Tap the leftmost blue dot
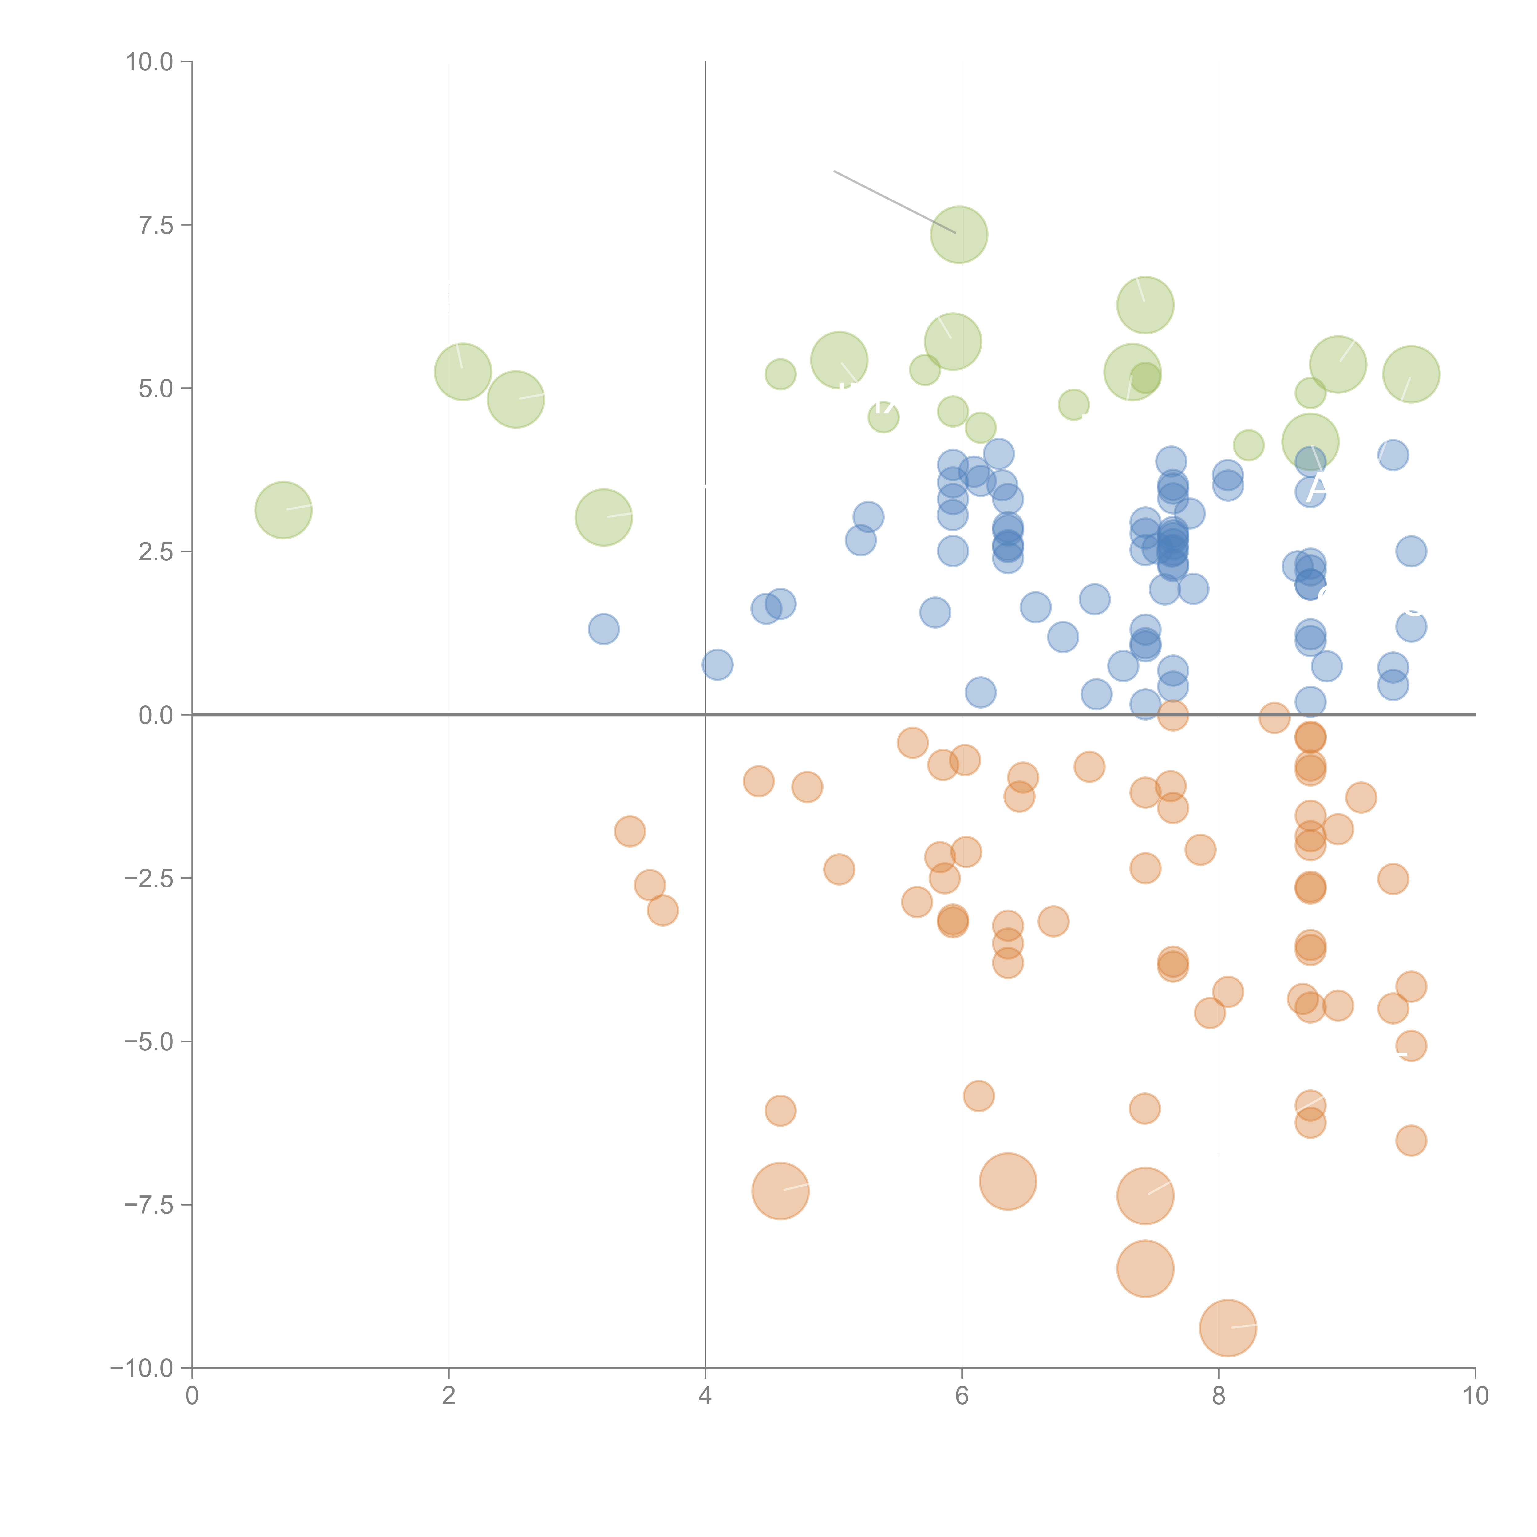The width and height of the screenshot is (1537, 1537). tap(604, 629)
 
